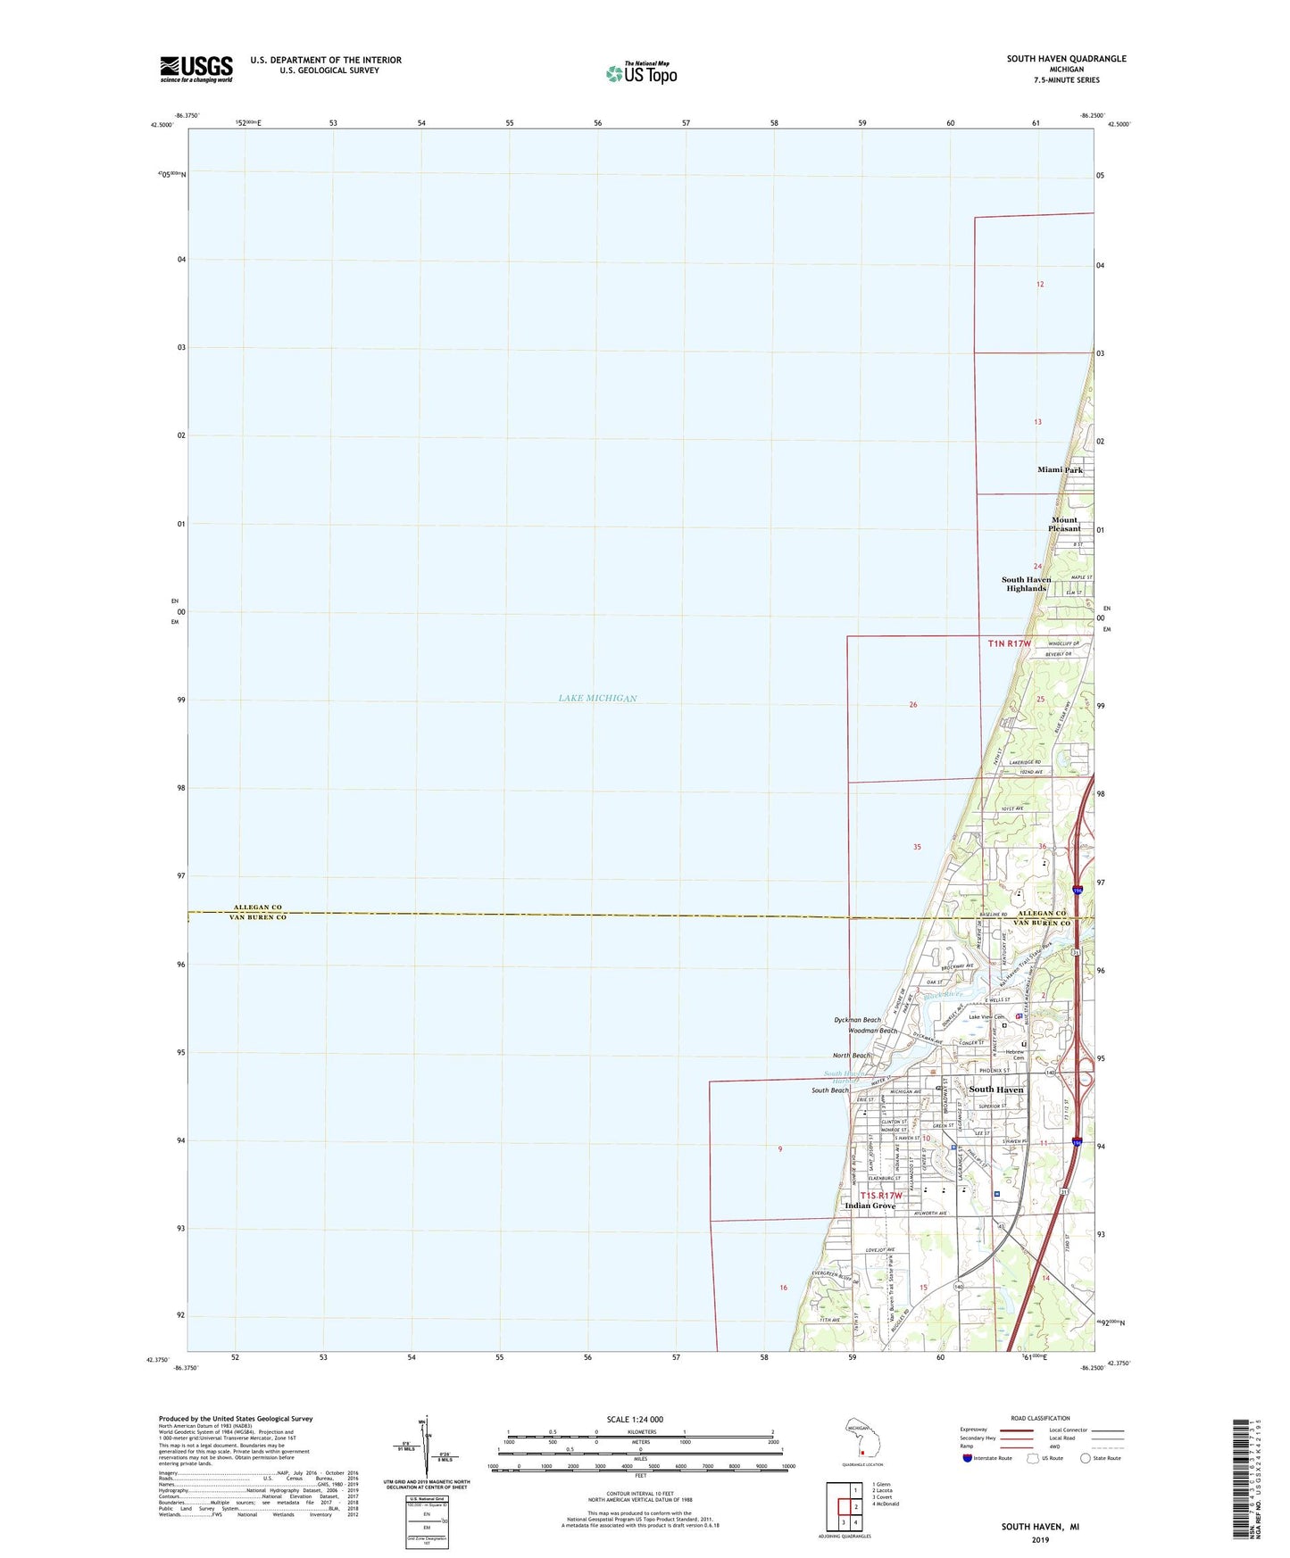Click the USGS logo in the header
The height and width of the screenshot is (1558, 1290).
[196, 69]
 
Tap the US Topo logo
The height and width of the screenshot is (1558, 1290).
[641, 72]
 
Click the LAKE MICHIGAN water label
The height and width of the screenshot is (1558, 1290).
[597, 698]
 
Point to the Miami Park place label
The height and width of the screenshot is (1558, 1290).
[1060, 469]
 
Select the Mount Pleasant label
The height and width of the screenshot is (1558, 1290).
[1064, 524]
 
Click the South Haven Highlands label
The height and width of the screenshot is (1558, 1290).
[1026, 584]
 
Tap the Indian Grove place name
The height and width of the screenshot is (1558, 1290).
[870, 1206]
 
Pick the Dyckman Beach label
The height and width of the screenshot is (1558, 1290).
[857, 1019]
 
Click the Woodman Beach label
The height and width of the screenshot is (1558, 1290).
[873, 1031]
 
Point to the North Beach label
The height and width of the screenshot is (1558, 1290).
[851, 1056]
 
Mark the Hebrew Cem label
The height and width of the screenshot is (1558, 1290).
[1013, 1055]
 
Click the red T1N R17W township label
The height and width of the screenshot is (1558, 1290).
[1009, 643]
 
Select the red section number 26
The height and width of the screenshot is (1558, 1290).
[912, 705]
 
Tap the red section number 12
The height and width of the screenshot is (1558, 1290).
[1039, 284]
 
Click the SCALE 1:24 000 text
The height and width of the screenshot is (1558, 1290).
[634, 1420]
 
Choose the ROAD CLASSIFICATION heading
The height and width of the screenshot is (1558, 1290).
[1040, 1418]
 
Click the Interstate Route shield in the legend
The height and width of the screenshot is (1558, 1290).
[968, 1458]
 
